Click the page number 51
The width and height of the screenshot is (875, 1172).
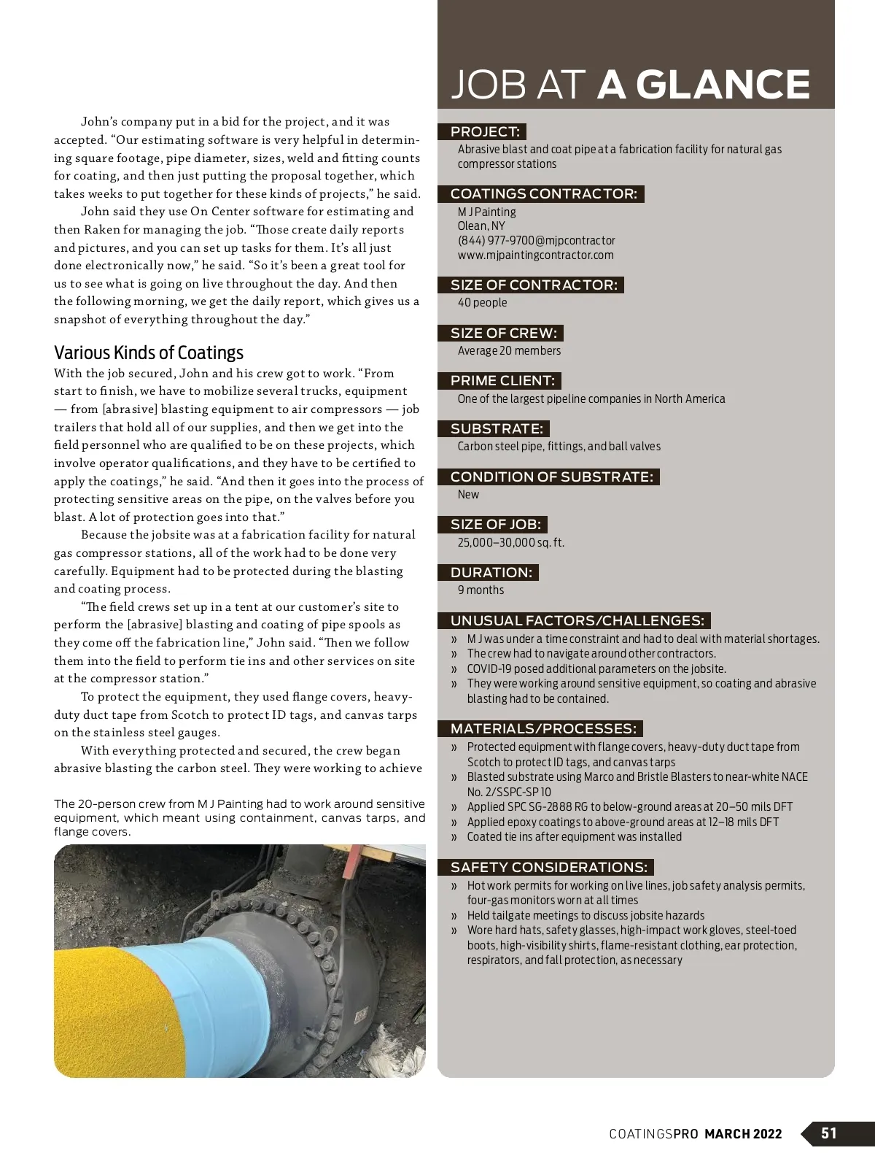point(829,1133)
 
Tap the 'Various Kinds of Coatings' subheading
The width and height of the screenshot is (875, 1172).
point(149,353)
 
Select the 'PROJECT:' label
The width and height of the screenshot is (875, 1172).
point(484,132)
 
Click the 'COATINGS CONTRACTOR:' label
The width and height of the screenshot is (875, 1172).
point(543,194)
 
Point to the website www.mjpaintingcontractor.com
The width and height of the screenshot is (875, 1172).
point(535,255)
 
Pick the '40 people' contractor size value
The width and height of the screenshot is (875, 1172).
point(482,303)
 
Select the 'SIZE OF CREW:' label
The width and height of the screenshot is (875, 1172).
point(503,334)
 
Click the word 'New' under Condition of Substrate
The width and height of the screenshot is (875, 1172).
point(468,495)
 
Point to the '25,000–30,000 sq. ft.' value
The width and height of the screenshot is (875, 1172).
point(510,543)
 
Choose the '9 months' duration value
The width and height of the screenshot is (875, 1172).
point(481,590)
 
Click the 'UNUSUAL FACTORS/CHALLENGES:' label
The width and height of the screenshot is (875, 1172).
point(577,621)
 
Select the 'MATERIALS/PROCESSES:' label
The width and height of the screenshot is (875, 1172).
point(543,729)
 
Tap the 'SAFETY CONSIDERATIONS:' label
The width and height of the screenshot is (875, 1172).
point(548,868)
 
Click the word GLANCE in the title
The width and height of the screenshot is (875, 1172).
point(723,85)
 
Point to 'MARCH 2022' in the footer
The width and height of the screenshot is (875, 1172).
point(743,1134)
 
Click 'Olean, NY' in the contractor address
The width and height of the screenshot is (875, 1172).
point(481,226)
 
